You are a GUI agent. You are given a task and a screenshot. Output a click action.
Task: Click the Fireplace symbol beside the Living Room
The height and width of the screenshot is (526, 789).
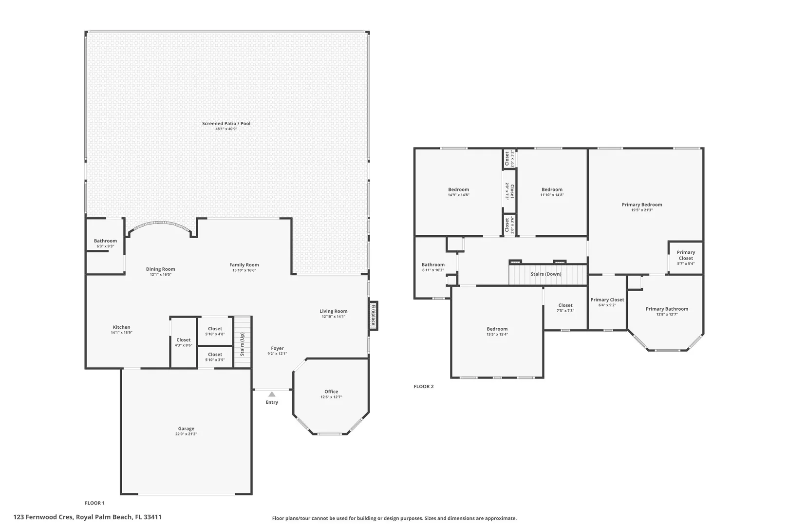click(x=373, y=316)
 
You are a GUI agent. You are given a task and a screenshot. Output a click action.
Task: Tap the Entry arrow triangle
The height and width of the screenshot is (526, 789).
click(x=272, y=394)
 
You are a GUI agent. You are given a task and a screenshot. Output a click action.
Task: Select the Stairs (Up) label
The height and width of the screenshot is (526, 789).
click(x=243, y=344)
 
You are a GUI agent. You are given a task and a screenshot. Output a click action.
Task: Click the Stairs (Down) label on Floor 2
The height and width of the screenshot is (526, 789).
click(x=546, y=274)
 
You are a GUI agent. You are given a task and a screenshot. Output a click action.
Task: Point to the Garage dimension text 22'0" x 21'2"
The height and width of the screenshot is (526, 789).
click(x=186, y=434)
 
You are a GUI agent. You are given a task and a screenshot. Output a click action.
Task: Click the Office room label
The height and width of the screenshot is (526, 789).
click(x=331, y=392)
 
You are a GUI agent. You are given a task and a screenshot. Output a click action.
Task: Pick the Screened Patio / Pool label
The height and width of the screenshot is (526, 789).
click(x=226, y=123)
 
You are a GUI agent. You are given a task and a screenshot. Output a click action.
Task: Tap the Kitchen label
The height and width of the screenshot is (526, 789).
click(x=122, y=327)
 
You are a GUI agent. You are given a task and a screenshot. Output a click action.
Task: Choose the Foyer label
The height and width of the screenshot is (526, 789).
click(x=277, y=348)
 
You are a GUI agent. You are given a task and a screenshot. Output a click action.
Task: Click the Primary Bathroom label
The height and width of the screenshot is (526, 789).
click(x=667, y=309)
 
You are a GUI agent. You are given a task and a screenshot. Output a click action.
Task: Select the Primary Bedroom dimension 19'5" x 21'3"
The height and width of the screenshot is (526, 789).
click(x=642, y=210)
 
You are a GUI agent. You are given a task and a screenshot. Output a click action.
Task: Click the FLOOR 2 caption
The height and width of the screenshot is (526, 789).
click(x=423, y=387)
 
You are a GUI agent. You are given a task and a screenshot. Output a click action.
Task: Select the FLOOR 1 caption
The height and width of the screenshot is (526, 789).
click(x=94, y=503)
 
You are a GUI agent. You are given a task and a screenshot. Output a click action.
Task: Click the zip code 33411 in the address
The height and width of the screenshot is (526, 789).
click(x=152, y=517)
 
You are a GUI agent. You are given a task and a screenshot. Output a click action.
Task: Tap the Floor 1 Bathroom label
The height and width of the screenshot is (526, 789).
click(x=105, y=241)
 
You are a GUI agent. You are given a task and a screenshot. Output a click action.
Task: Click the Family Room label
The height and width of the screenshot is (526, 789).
click(x=244, y=264)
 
